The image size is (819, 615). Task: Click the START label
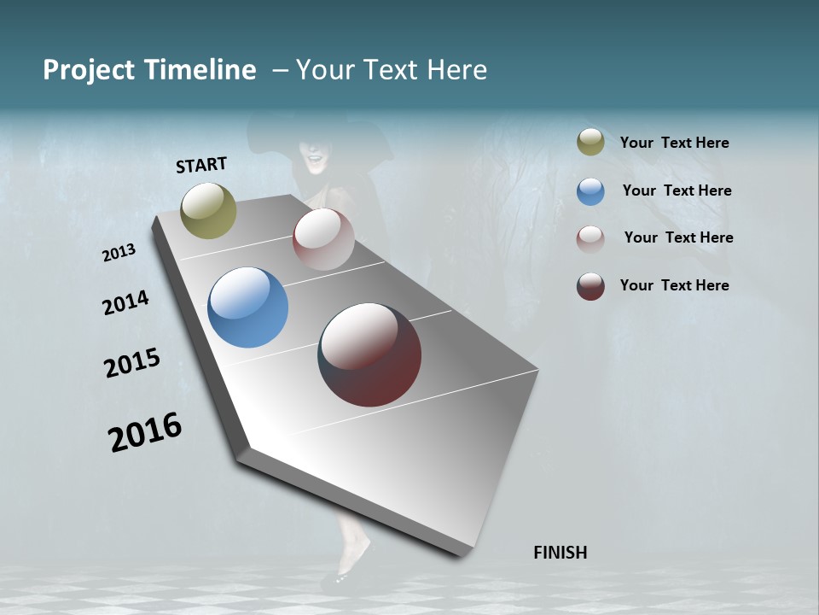tap(201, 164)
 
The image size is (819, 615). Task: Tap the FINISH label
tap(560, 552)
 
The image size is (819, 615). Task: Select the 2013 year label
tap(119, 253)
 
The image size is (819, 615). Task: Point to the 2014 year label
tap(125, 302)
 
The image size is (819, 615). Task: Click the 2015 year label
tap(132, 363)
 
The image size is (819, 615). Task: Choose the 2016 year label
tap(145, 431)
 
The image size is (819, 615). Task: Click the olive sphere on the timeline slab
tap(208, 210)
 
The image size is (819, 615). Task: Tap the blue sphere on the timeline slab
tap(247, 307)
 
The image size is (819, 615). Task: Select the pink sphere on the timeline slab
tap(323, 239)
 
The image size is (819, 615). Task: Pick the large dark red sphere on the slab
tap(369, 354)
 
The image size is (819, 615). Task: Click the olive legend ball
tap(590, 143)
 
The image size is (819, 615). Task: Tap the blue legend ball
tap(590, 191)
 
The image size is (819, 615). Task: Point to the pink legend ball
tap(590, 238)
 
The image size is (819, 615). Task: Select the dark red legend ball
tap(590, 286)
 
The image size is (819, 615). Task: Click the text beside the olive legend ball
tap(674, 143)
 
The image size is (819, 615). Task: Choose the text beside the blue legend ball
tap(677, 190)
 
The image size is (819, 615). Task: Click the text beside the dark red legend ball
tap(674, 285)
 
